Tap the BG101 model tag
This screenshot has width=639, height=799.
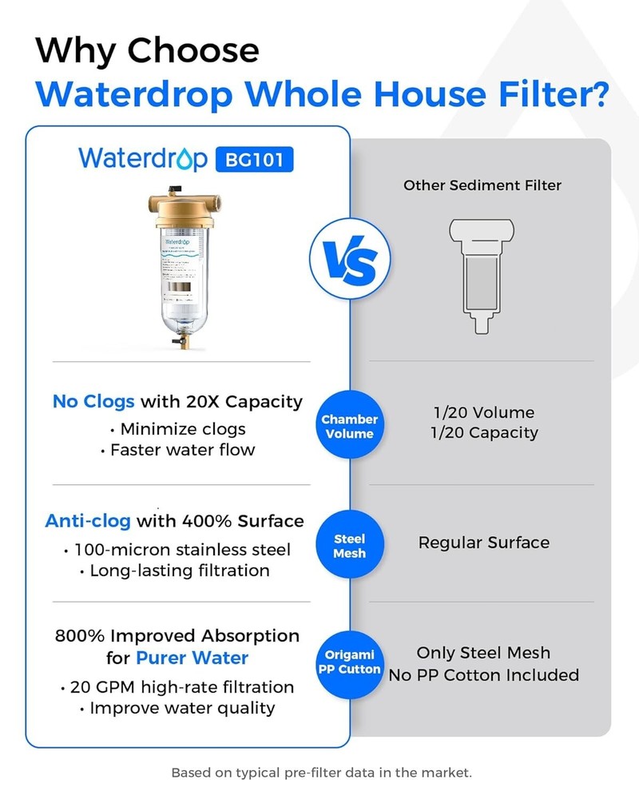[255, 158]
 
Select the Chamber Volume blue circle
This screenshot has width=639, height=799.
[350, 427]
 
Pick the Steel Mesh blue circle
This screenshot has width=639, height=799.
[350, 546]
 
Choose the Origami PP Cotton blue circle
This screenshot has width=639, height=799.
[350, 662]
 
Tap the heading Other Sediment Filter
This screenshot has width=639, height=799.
[482, 185]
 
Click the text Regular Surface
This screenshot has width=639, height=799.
[484, 543]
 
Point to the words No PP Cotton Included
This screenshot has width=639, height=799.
[484, 675]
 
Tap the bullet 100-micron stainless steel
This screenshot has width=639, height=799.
[177, 550]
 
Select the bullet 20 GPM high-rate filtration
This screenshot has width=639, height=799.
[177, 687]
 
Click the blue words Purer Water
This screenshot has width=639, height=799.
[192, 658]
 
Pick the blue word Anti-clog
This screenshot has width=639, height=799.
[88, 521]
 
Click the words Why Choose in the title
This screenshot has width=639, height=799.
[148, 50]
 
